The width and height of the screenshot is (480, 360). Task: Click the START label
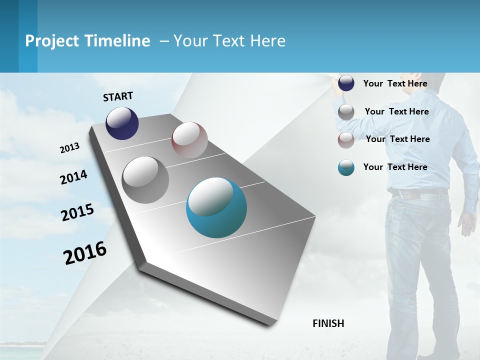(x=118, y=96)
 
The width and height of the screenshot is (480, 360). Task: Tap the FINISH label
(x=328, y=323)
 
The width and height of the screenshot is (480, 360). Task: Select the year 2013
(x=69, y=148)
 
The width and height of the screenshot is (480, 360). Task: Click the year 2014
(x=73, y=177)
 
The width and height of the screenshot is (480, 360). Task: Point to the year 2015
(x=77, y=212)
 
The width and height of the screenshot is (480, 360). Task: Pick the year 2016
(x=85, y=252)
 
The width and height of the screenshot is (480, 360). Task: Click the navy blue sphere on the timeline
(x=122, y=123)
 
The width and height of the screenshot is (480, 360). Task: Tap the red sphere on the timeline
(x=189, y=140)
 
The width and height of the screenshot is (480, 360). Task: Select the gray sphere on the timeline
(x=145, y=180)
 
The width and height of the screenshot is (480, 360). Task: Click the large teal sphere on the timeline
(x=216, y=207)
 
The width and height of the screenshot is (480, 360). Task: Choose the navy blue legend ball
(x=346, y=83)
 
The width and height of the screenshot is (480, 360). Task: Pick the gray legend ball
(x=346, y=112)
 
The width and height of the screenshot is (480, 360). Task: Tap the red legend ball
(x=346, y=140)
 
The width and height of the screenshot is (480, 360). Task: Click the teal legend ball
(x=346, y=168)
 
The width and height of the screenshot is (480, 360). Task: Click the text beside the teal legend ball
(x=395, y=167)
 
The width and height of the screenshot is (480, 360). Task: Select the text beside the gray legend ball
(x=396, y=111)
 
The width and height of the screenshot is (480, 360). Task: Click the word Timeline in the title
(x=118, y=41)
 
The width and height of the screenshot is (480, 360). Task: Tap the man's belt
(x=419, y=192)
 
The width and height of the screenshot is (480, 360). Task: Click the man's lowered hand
(x=467, y=225)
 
